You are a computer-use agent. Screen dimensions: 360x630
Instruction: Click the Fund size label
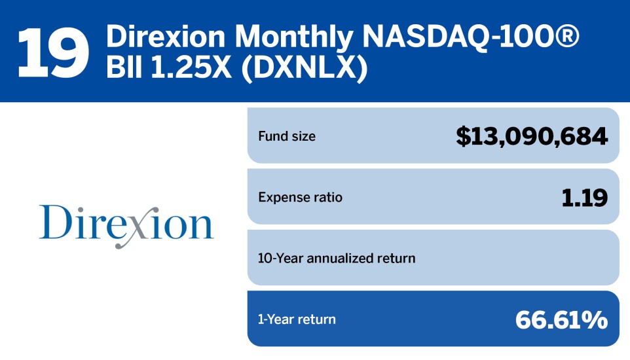[287, 137]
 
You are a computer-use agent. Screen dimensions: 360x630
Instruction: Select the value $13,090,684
[532, 136]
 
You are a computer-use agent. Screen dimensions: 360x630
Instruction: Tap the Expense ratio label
[300, 197]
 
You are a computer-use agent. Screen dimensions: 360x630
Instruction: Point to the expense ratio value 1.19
[584, 197]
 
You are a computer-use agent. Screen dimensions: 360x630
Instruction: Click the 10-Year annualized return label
[337, 258]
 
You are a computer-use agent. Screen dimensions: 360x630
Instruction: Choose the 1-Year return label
[297, 319]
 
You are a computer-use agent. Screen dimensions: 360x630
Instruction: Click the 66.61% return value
[561, 319]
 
